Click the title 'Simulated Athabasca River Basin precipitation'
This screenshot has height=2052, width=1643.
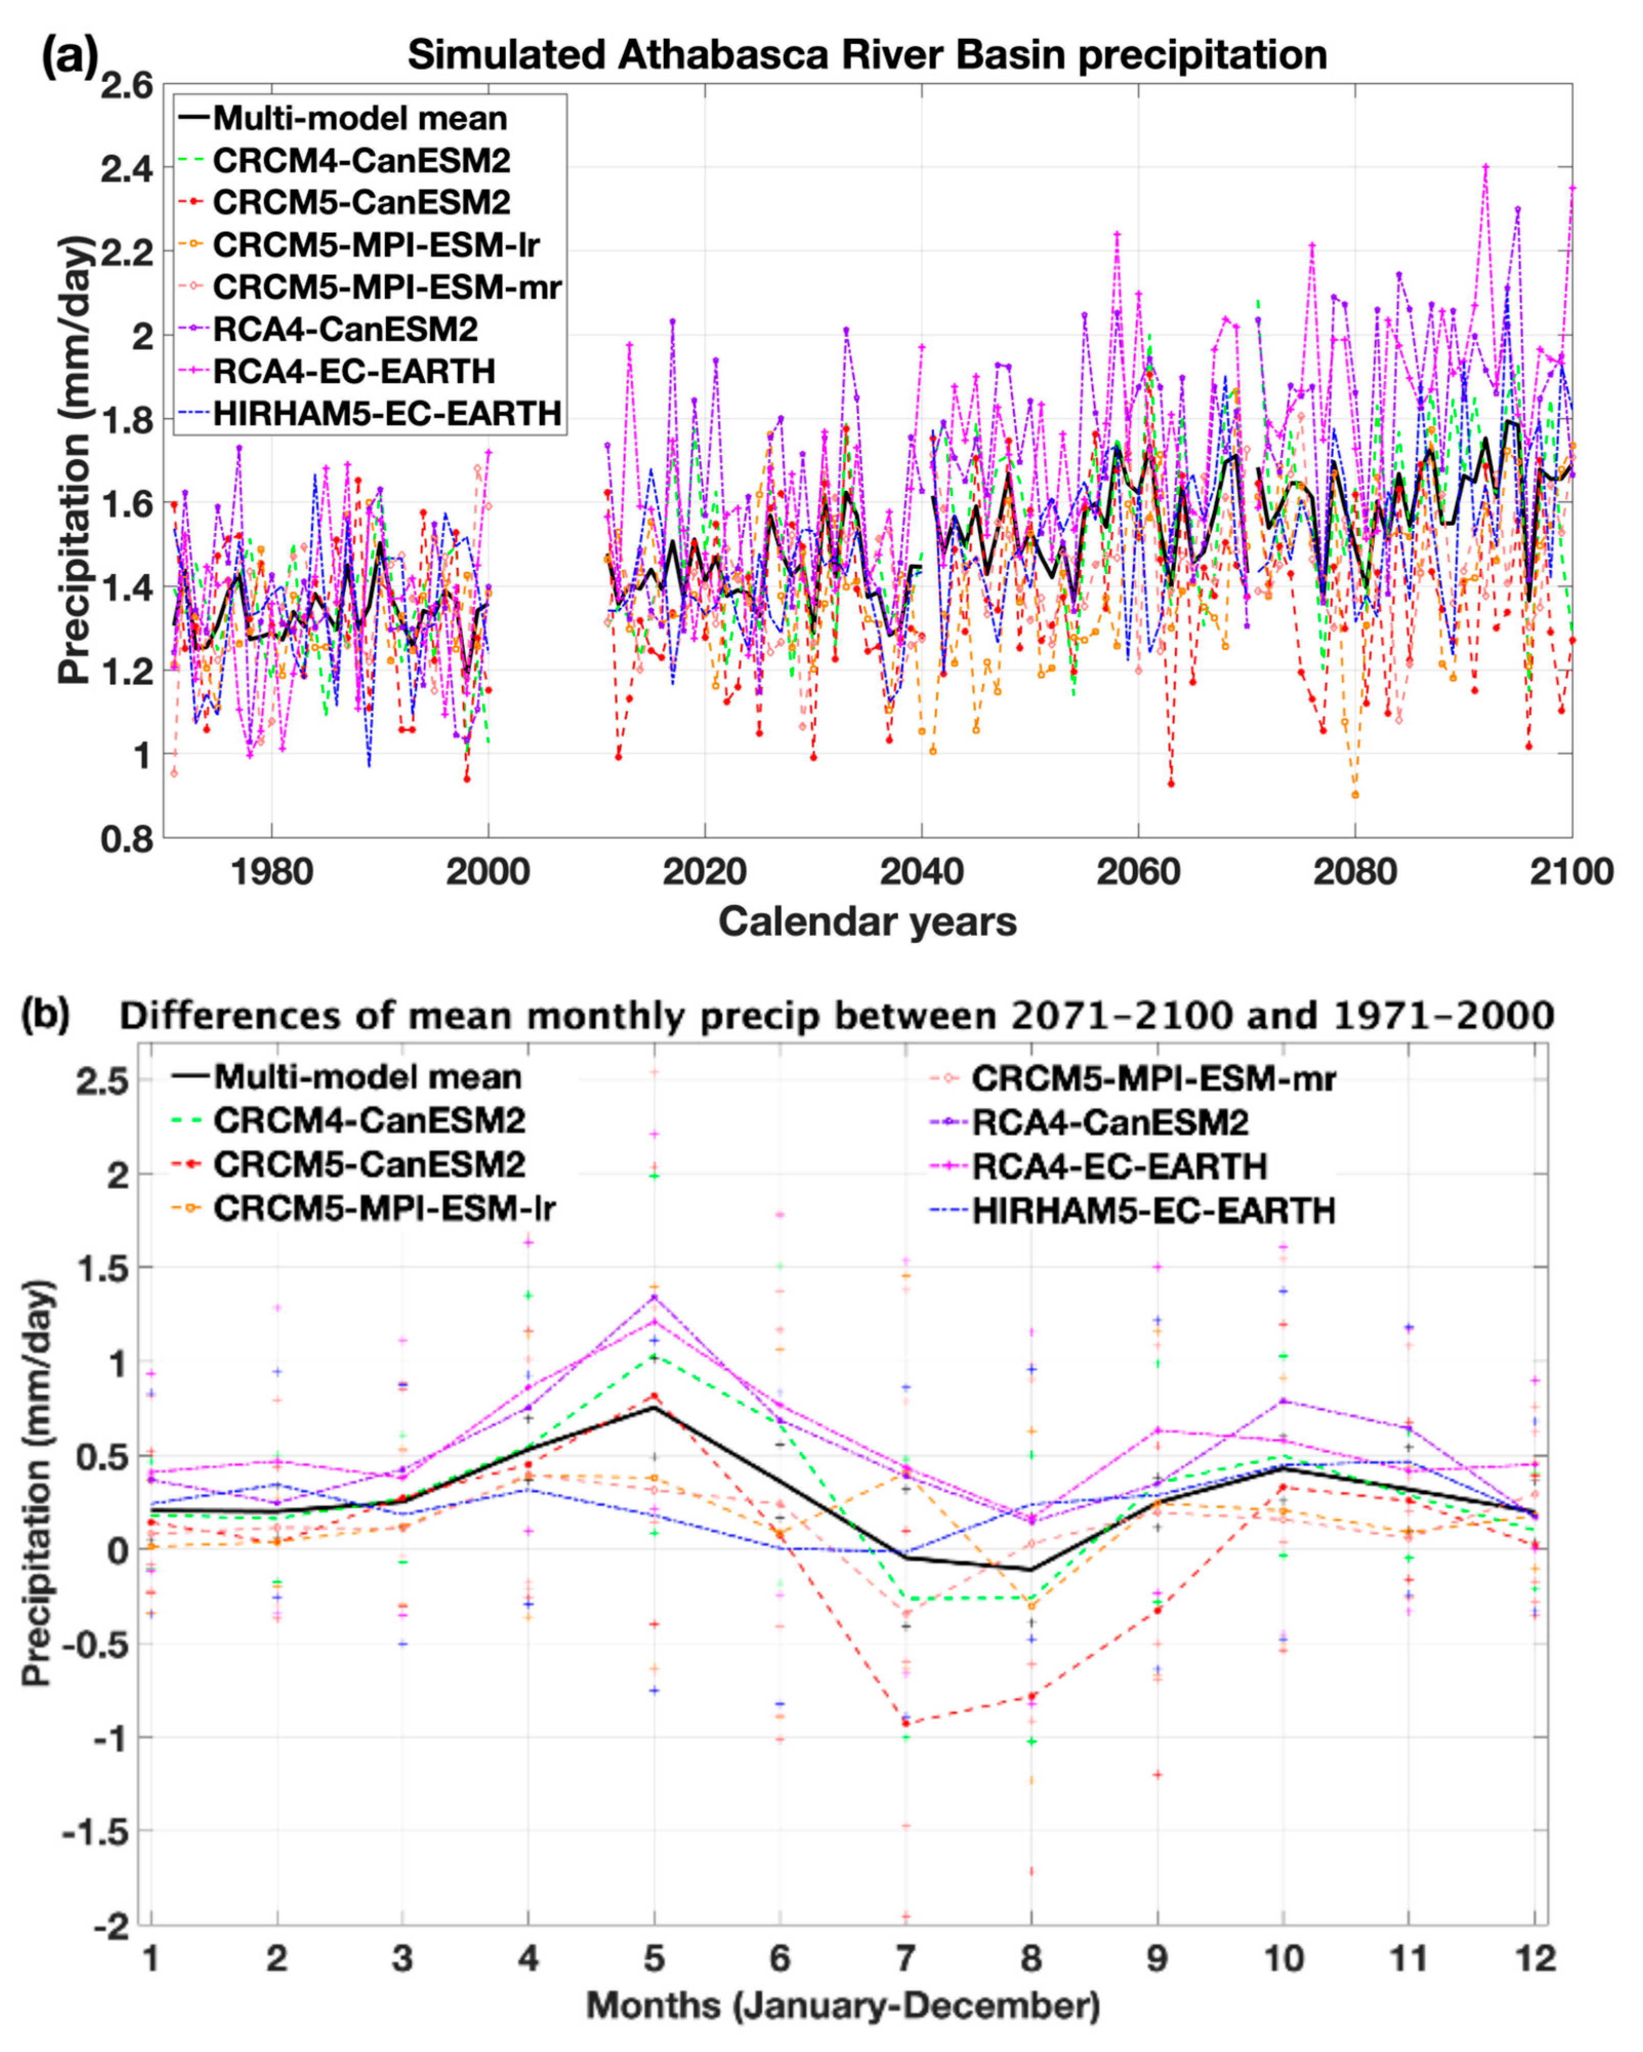click(x=867, y=55)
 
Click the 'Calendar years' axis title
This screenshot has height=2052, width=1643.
click(x=867, y=922)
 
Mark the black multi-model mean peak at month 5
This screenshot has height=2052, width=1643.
click(x=654, y=1407)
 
